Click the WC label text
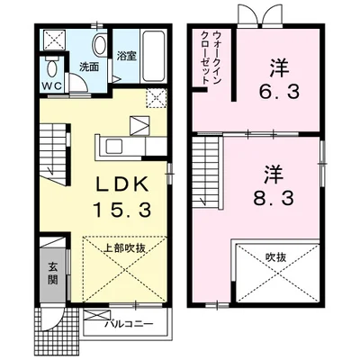(x=52, y=85)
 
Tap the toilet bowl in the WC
(x=52, y=69)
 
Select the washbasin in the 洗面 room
(x=100, y=44)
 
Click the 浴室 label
(x=127, y=56)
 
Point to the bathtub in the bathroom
(x=154, y=57)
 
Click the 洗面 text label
(x=89, y=67)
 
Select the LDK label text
(x=121, y=184)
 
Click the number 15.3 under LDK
(x=121, y=209)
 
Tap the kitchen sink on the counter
(x=114, y=147)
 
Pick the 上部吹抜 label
(x=124, y=248)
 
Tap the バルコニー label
(x=129, y=325)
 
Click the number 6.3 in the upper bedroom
(x=279, y=92)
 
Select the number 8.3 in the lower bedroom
(x=273, y=198)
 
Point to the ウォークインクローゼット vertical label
(x=211, y=58)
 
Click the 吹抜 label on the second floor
(x=275, y=257)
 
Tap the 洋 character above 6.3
(x=279, y=68)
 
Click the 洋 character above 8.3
(x=274, y=175)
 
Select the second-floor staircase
(x=207, y=172)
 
